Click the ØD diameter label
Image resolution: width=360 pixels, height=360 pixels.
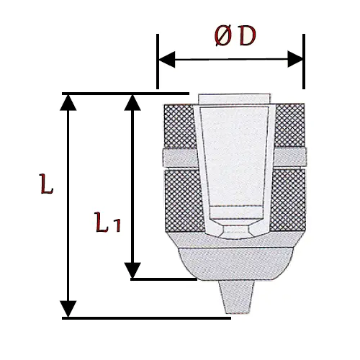pos(235,35)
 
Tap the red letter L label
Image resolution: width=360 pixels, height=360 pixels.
pos(46,184)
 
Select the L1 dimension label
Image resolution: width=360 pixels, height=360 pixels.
pos(108,222)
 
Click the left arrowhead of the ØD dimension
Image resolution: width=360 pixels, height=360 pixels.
pos(167,59)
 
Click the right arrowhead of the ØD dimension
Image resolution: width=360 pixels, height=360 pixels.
pos(295,59)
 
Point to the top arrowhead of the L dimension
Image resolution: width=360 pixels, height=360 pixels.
pos(68,103)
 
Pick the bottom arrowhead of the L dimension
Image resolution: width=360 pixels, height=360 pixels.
pos(68,309)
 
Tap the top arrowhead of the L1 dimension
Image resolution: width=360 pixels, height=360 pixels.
pos(132,103)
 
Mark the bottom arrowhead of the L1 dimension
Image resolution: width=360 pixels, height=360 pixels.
pos(132,270)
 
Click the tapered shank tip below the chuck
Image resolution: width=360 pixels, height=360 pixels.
pos(237,297)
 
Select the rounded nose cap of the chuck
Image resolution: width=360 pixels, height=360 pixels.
pos(235,264)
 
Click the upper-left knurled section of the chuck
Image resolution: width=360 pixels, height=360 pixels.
pos(180,126)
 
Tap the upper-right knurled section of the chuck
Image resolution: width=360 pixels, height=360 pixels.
pos(289,125)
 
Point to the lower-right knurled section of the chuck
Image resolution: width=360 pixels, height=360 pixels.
pos(287,199)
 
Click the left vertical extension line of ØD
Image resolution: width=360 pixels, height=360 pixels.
pos(158,61)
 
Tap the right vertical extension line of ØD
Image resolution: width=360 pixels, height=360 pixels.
pos(304,61)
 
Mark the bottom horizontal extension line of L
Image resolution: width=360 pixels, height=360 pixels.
pos(146,318)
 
